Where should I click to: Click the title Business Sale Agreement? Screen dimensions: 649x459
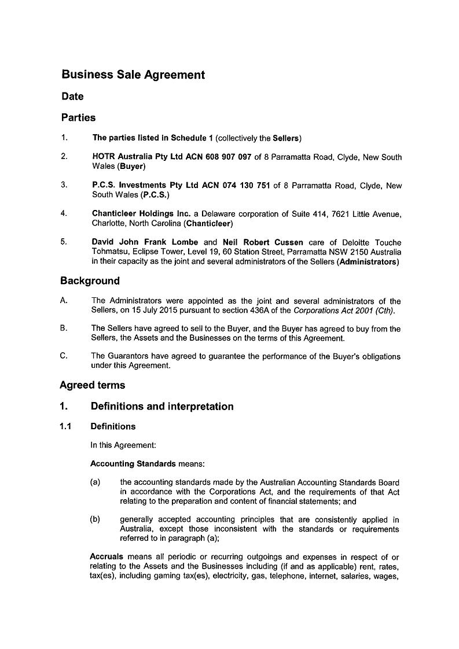pyautogui.click(x=133, y=75)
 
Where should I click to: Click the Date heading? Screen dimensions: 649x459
pyautogui.click(x=72, y=96)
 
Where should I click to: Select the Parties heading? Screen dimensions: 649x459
pyautogui.click(x=78, y=117)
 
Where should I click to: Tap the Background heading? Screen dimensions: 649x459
pyautogui.click(x=90, y=281)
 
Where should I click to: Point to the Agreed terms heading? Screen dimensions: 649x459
pyautogui.click(x=92, y=385)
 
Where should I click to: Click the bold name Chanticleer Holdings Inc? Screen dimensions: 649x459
pyautogui.click(x=141, y=214)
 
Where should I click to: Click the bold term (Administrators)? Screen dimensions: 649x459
pyautogui.click(x=367, y=262)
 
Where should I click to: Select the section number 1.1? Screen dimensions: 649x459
pyautogui.click(x=65, y=427)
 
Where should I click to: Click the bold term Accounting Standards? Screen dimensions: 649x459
pyautogui.click(x=133, y=464)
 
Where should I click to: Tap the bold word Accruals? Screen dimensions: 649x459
pyautogui.click(x=107, y=556)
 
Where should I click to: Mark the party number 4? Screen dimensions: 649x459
pyautogui.click(x=64, y=213)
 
